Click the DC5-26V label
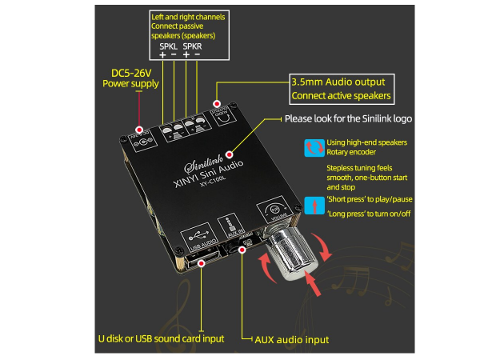[x=130, y=71]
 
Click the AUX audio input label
[x=290, y=340]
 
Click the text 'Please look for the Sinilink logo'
[x=349, y=119]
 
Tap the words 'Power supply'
[x=130, y=84]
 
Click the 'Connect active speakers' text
[x=342, y=97]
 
